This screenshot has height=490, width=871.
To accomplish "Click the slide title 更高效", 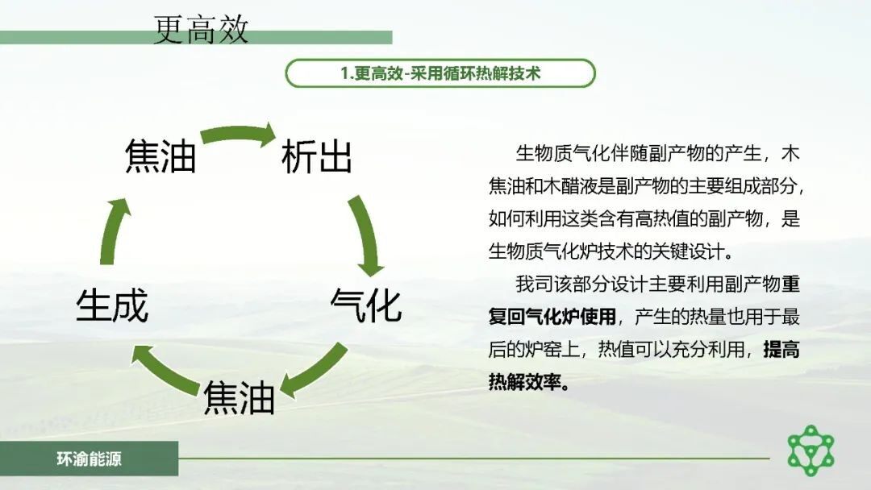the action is [x=201, y=29].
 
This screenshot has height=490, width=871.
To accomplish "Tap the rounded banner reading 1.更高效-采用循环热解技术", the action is [x=440, y=73].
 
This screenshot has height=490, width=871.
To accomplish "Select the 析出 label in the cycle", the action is [x=316, y=157].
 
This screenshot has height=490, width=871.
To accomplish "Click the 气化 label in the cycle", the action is [x=365, y=305].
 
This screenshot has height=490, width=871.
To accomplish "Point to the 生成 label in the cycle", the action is [x=112, y=305].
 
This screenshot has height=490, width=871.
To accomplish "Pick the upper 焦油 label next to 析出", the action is [x=160, y=156].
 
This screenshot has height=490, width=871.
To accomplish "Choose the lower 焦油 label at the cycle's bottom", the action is [x=240, y=397].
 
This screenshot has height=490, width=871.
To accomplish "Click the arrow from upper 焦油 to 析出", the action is [x=239, y=132].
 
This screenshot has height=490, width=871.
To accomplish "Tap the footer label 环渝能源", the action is [x=89, y=459].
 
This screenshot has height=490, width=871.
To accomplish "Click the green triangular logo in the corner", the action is [x=811, y=450].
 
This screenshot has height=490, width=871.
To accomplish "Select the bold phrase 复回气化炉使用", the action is [x=552, y=317].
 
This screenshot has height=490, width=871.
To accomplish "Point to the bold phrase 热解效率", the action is [x=525, y=382].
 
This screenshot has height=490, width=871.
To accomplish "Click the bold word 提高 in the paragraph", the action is [x=781, y=350].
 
